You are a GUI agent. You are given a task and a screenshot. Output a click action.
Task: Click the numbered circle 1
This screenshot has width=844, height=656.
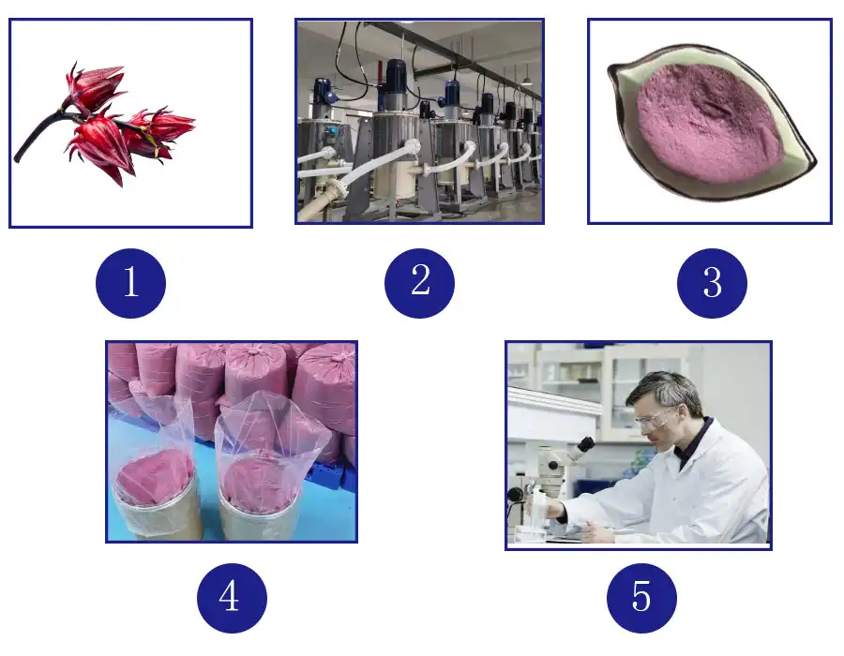tap(130, 282)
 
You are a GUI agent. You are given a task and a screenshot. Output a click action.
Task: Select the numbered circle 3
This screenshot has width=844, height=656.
tap(712, 282)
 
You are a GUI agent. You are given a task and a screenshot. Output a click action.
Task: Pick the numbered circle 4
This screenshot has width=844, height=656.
tap(232, 597)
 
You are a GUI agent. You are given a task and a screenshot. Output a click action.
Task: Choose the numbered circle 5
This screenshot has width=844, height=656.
tap(641, 597)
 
